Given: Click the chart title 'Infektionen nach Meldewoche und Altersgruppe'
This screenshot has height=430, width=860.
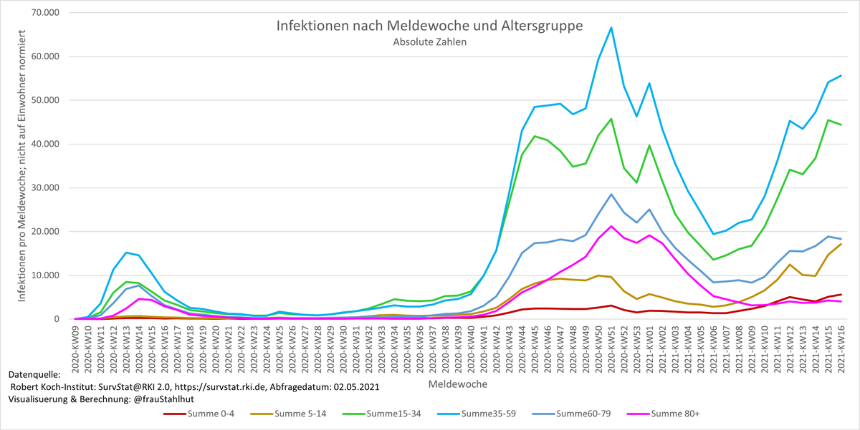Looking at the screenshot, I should pyautogui.click(x=429, y=26).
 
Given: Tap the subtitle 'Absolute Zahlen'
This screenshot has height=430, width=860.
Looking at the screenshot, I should pyautogui.click(x=429, y=41).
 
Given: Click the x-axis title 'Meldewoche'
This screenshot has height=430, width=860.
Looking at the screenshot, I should pyautogui.click(x=458, y=384).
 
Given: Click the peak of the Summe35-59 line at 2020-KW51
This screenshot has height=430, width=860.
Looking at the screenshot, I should pyautogui.click(x=611, y=28).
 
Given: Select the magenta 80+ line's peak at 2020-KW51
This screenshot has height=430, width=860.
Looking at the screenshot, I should pyautogui.click(x=611, y=226).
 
